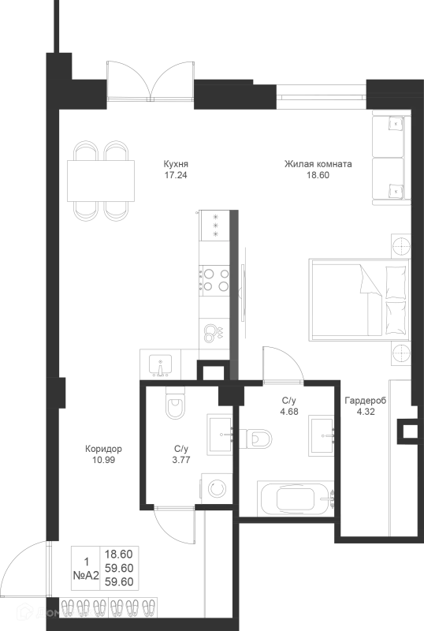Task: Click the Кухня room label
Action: (176, 164)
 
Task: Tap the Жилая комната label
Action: (318, 164)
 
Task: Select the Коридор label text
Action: (103, 448)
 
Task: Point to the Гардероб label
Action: (365, 401)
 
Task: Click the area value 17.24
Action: (176, 175)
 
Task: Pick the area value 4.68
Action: (289, 412)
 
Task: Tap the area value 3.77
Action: (181, 460)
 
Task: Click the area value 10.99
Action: (103, 460)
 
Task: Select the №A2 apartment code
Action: (86, 576)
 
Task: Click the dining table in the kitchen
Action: (101, 181)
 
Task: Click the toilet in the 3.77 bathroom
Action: (176, 403)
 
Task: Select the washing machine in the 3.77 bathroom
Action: (217, 488)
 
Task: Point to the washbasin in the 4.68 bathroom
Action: (322, 435)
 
